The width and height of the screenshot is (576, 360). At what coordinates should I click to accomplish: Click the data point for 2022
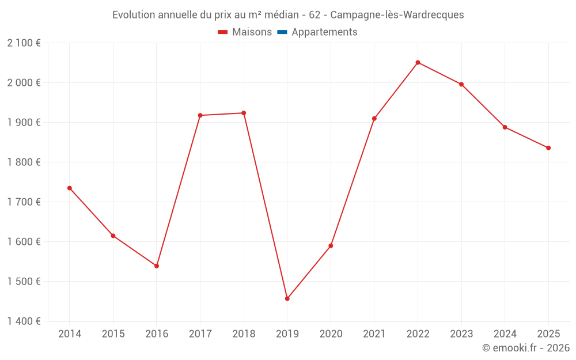pos(418,62)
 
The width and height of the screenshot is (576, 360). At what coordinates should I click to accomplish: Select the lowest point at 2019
pos(287,298)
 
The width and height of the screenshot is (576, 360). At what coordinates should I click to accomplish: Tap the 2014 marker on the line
pos(70,188)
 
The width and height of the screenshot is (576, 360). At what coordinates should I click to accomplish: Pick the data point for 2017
pos(200,115)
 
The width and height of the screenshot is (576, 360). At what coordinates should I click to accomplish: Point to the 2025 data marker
pos(548,147)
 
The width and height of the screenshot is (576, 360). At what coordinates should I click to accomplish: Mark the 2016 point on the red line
pos(157,266)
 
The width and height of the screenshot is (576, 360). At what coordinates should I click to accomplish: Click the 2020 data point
pos(331,245)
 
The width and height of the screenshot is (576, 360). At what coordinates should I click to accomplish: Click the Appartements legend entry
pos(324,32)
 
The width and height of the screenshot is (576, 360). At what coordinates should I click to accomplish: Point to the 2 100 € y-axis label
pos(24,43)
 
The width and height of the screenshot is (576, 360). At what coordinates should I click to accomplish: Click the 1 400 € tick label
pos(24,321)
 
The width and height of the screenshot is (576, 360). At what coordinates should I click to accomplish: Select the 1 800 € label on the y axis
pos(24,162)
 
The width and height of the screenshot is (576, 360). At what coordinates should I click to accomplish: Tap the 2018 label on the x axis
pos(244,334)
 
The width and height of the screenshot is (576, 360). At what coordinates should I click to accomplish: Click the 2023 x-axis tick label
pos(461,334)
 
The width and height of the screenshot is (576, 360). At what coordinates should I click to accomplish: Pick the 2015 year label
pos(113,334)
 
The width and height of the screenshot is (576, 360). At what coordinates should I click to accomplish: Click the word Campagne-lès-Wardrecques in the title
pos(397,15)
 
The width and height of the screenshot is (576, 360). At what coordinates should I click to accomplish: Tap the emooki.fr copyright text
pos(526,348)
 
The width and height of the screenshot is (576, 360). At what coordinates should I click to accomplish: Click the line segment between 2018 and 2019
pos(265,206)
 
